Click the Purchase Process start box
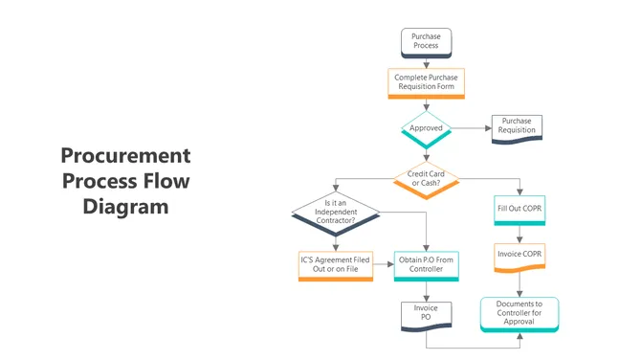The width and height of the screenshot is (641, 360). coord(426,41)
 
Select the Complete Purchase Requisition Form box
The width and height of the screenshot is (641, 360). coord(427,82)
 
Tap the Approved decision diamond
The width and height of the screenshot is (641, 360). coord(426,128)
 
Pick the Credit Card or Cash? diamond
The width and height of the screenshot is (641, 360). coord(426,179)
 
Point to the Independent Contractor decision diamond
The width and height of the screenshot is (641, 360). coord(335,212)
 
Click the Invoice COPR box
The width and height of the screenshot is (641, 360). coord(519,255)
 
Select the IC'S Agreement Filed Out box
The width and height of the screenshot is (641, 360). coord(335,264)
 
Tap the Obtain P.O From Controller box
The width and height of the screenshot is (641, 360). coord(426,264)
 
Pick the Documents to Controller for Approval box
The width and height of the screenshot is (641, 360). coord(519,312)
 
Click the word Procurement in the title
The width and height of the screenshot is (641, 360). coord(125,156)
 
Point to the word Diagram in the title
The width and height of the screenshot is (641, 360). coord(125,206)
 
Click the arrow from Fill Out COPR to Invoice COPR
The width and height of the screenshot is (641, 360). coord(519,234)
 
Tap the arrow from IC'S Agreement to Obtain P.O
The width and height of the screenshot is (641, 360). coord(382,264)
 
